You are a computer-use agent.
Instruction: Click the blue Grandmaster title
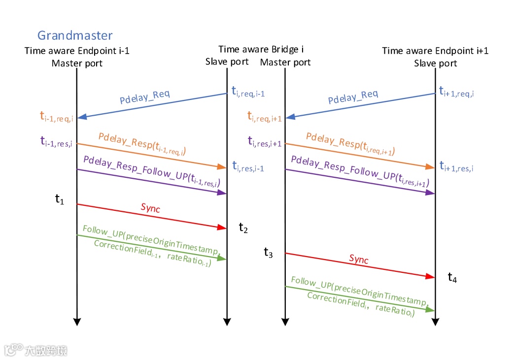click(x=75, y=35)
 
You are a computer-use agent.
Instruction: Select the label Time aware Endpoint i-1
click(x=77, y=51)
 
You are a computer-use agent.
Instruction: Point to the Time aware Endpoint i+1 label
click(x=435, y=51)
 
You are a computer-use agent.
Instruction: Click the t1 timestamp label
click(x=60, y=199)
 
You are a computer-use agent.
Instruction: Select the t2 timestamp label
click(x=243, y=228)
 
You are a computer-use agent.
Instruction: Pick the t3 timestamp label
click(x=268, y=253)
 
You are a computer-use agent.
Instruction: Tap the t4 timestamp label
click(x=452, y=277)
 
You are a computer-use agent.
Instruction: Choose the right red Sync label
click(x=358, y=259)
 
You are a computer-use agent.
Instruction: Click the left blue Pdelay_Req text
click(x=144, y=97)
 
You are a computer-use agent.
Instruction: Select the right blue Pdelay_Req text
click(x=353, y=97)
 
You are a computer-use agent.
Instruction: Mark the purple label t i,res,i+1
click(x=264, y=142)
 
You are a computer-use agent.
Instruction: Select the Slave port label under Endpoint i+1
click(x=435, y=63)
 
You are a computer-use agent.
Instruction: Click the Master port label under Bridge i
click(x=285, y=62)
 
